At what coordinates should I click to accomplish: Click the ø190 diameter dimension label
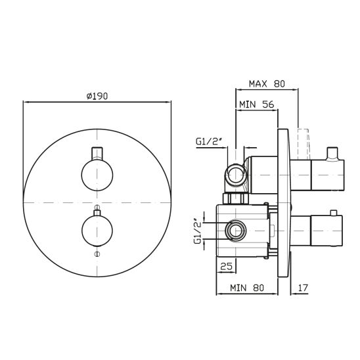[97, 96]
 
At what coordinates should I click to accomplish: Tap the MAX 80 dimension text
[267, 84]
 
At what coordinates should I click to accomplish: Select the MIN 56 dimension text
[257, 104]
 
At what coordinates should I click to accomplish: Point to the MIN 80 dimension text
[247, 288]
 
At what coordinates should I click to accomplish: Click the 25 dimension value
[226, 266]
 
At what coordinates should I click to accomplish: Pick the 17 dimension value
[303, 288]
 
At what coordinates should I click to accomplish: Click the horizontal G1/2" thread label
[210, 141]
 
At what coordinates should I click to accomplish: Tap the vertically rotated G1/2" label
[198, 233]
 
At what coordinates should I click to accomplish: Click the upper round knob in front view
[97, 175]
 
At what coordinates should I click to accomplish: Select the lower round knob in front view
[97, 231]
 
